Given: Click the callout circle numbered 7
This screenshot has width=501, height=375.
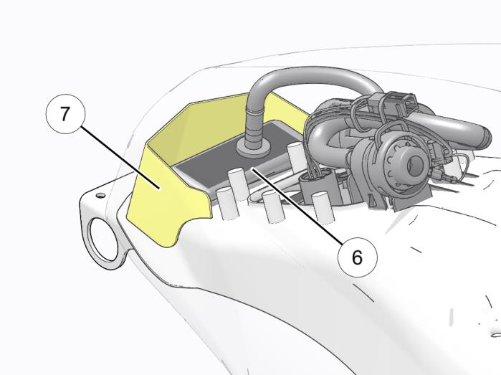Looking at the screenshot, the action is click(66, 113).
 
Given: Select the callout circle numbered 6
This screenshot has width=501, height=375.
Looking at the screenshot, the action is click(358, 257).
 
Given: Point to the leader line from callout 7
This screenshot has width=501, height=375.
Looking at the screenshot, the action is click(120, 158).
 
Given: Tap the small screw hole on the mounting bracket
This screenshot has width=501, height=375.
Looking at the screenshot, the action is click(100, 195).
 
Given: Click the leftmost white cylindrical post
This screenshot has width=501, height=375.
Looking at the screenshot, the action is click(226, 204).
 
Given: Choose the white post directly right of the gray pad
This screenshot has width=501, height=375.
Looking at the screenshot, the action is click(295, 153).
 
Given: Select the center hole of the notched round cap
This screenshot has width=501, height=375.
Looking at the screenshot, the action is click(416, 164).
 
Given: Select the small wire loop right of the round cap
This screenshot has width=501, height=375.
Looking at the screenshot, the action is click(460, 166).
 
